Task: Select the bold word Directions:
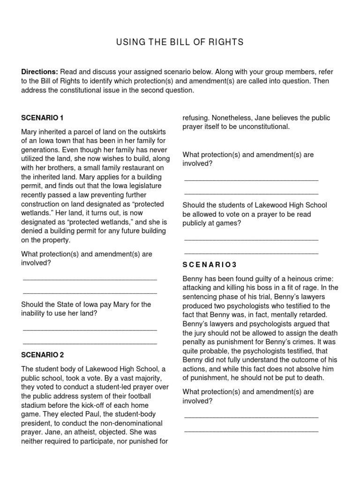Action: point(39,72)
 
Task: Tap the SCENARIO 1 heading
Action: point(42,117)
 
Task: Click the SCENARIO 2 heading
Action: point(42,354)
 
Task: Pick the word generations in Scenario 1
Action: point(39,150)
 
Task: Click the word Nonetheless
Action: point(234,118)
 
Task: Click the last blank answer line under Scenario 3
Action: point(251,430)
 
